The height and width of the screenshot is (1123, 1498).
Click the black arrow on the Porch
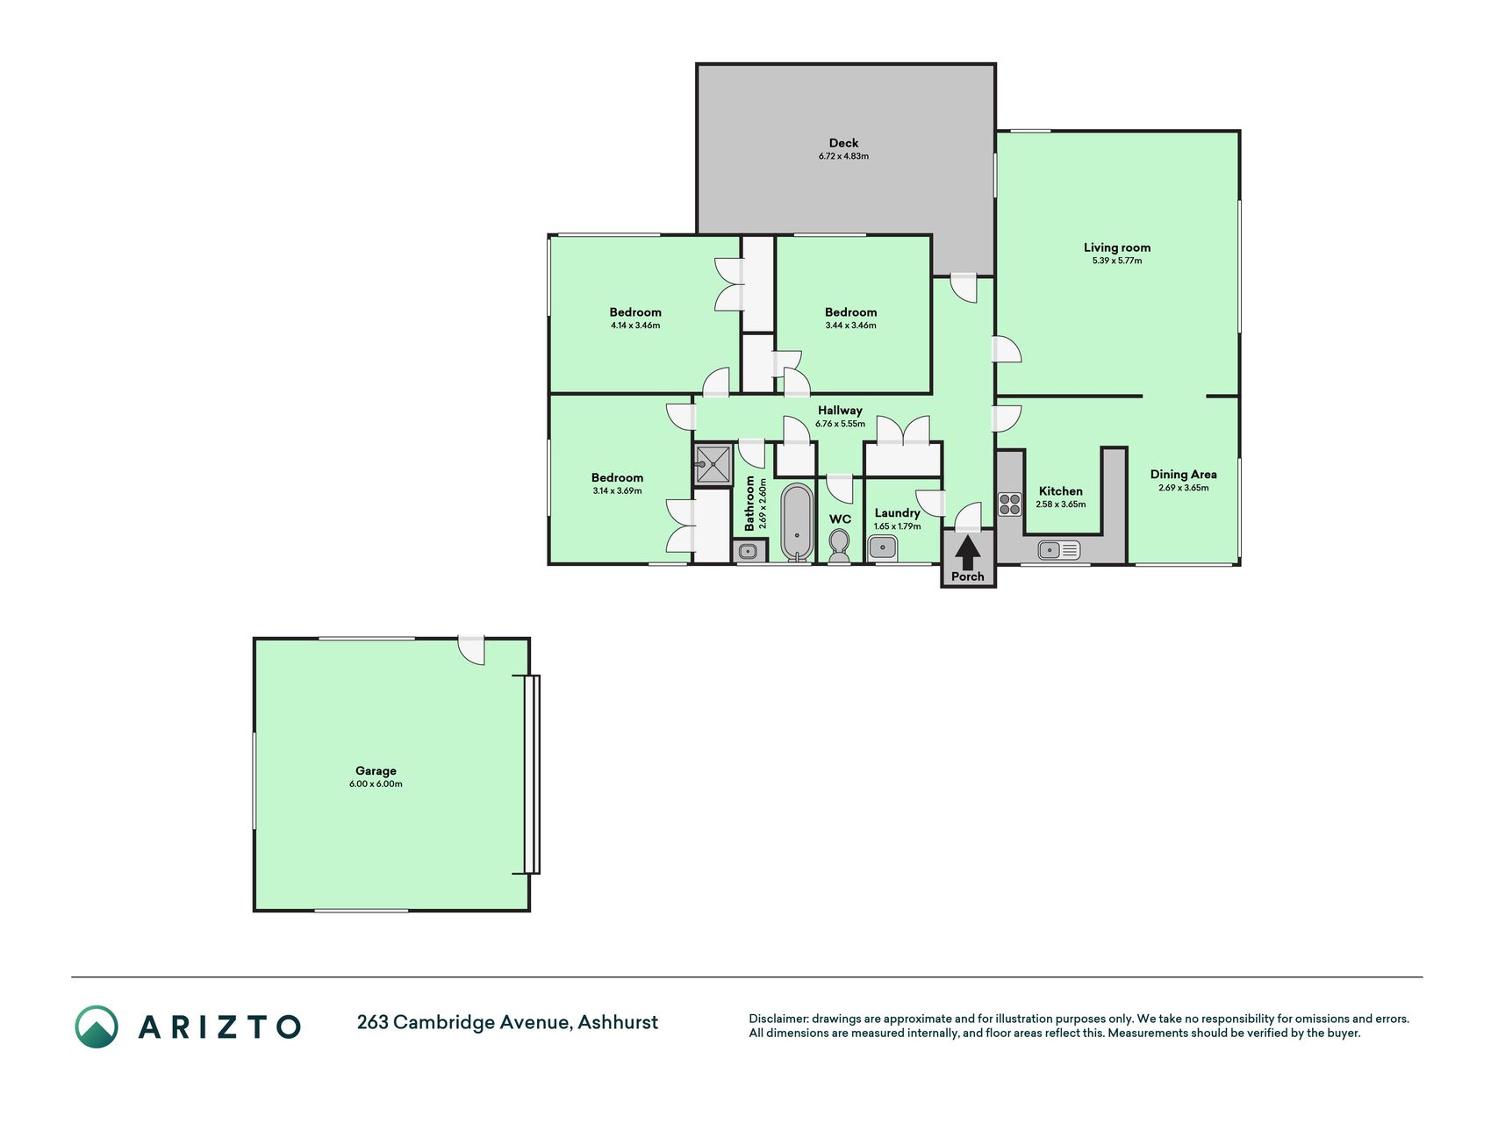[x=967, y=553]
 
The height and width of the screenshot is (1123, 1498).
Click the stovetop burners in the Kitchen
[x=1010, y=504]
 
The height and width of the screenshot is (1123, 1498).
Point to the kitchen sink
[x=1059, y=550]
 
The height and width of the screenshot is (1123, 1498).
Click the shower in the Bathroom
[x=713, y=465]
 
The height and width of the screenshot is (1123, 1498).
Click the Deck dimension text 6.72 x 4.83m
[x=843, y=156]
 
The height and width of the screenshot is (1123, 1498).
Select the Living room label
[x=1117, y=247]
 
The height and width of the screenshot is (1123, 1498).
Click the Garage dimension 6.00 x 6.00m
[x=376, y=783]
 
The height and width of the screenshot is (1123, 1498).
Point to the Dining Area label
[x=1184, y=475]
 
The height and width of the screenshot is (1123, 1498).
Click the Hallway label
[x=840, y=410]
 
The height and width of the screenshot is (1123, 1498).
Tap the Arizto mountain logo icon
[x=96, y=1026]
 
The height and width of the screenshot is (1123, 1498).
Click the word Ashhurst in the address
[x=618, y=1022]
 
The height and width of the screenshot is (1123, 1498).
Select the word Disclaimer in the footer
[x=778, y=1019]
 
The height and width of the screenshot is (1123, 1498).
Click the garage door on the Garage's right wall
[x=532, y=774]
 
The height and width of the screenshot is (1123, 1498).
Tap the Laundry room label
[x=897, y=513]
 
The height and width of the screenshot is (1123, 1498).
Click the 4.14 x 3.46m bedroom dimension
[x=635, y=325]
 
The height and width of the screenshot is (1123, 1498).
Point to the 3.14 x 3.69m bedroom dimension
[x=617, y=490]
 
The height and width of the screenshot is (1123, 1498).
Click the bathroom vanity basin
[x=749, y=551]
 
